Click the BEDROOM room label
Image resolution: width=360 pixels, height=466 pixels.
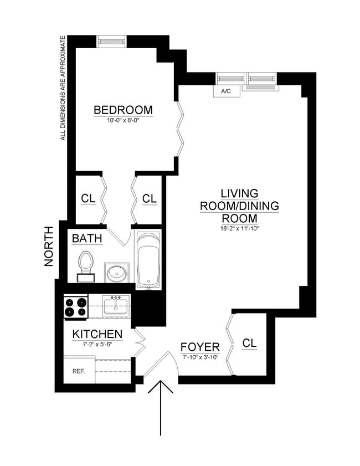[x=123, y=110]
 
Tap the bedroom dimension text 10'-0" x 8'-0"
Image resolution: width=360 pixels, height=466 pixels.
[x=123, y=120]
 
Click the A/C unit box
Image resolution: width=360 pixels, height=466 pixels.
[x=226, y=90]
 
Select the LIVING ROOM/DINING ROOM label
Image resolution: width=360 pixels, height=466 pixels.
[x=239, y=206]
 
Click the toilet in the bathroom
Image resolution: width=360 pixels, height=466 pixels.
[x=86, y=264]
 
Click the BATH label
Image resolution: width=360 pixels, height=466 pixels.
[x=87, y=239]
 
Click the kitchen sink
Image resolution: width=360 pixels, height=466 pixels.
[x=116, y=305]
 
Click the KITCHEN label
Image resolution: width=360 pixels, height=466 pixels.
[x=97, y=335]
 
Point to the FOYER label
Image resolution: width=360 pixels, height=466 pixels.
[x=200, y=347]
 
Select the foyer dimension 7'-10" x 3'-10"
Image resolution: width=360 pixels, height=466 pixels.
[x=200, y=357]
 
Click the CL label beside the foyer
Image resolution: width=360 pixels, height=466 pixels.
[x=250, y=343]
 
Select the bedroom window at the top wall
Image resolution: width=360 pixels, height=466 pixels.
[x=111, y=42]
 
